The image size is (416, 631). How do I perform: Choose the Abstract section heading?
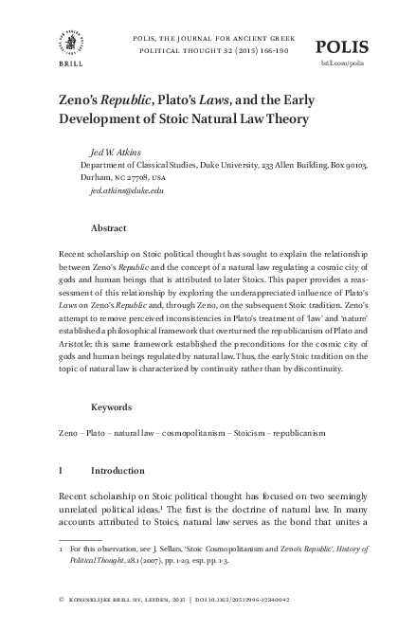pyautogui.click(x=109, y=228)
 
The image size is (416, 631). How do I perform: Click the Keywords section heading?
pyautogui.click(x=112, y=406)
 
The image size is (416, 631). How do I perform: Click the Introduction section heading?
pyautogui.click(x=118, y=471)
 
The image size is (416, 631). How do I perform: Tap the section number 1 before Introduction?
pyautogui.click(x=62, y=471)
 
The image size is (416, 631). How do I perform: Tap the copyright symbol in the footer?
pyautogui.click(x=62, y=599)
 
